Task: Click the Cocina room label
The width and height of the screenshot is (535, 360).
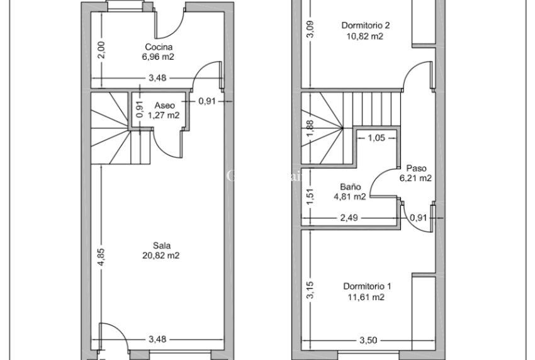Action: (159, 47)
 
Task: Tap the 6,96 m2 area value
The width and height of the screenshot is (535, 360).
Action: (159, 56)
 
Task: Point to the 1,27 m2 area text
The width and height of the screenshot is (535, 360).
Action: (164, 115)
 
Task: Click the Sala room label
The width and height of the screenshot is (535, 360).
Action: (162, 245)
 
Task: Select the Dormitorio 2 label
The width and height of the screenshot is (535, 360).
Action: (366, 26)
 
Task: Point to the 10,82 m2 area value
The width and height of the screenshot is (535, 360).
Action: (366, 36)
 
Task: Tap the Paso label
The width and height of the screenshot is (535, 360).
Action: (416, 168)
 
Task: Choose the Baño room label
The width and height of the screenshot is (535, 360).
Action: (350, 186)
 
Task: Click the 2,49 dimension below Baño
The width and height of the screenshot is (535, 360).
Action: (349, 218)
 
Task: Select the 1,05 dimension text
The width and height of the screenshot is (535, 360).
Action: (376, 138)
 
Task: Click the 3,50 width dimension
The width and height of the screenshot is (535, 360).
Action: (368, 340)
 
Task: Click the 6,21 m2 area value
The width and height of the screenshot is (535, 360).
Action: (416, 178)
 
